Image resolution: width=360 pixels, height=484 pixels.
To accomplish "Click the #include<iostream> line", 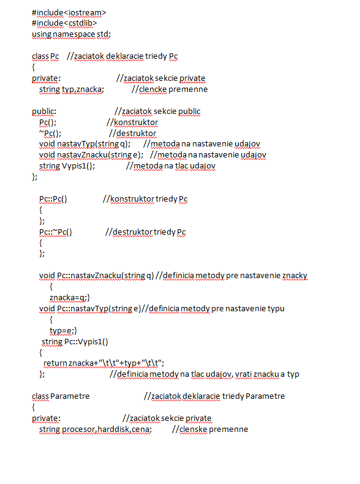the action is point(69,13).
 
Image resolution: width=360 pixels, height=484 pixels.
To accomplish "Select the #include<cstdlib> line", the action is point(64,23).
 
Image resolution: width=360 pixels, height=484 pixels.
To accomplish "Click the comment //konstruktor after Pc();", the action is point(132,123).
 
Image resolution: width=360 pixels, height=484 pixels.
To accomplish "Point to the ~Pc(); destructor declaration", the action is point(50,134).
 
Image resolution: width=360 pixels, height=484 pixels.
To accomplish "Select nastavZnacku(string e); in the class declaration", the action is point(100,155).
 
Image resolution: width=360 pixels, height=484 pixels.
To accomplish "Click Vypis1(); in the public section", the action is point(78,166).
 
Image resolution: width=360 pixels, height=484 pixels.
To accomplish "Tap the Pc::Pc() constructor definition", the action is point(53,199).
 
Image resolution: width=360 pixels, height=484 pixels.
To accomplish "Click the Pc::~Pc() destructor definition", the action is point(56,232).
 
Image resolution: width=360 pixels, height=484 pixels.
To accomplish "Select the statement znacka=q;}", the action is point(70,298).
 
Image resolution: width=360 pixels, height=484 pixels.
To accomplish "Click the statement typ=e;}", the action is point(63,331).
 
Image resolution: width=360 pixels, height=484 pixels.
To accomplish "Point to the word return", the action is point(55,363).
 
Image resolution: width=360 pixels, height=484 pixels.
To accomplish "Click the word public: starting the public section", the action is point(44,112).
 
